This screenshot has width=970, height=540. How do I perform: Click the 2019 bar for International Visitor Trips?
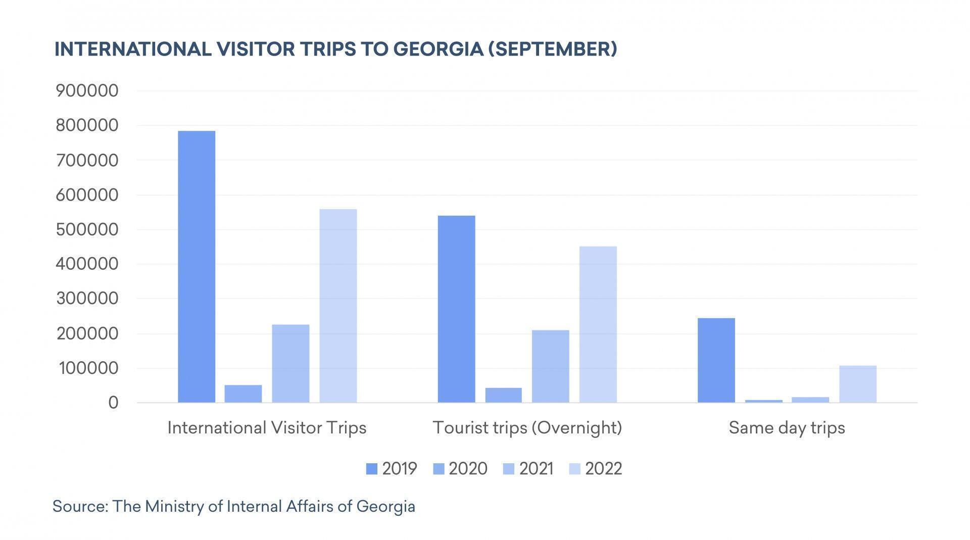tap(197, 267)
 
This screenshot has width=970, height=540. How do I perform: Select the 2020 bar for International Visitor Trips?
tap(243, 394)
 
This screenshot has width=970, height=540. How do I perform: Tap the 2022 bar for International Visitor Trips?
tap(338, 306)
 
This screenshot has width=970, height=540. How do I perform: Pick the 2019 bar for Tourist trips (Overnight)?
tap(456, 309)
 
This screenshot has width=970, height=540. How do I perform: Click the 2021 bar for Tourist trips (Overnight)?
tap(550, 366)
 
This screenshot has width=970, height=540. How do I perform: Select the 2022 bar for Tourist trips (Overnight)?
tap(598, 324)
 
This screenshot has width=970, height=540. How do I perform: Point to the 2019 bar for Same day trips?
tap(716, 360)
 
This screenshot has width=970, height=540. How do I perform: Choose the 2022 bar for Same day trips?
tap(858, 384)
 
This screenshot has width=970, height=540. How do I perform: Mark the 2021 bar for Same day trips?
tap(810, 400)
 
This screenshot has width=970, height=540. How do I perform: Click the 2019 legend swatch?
tap(371, 469)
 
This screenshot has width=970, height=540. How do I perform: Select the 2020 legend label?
tap(468, 469)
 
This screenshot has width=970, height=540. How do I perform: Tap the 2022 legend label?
tap(603, 469)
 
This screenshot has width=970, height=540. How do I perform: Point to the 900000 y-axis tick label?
tap(87, 91)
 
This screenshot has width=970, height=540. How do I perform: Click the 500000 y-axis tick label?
tap(87, 229)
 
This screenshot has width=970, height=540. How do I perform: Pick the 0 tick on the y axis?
tap(113, 403)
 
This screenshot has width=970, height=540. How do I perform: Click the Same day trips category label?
tap(787, 428)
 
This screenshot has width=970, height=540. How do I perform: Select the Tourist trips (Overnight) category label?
tap(527, 428)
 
